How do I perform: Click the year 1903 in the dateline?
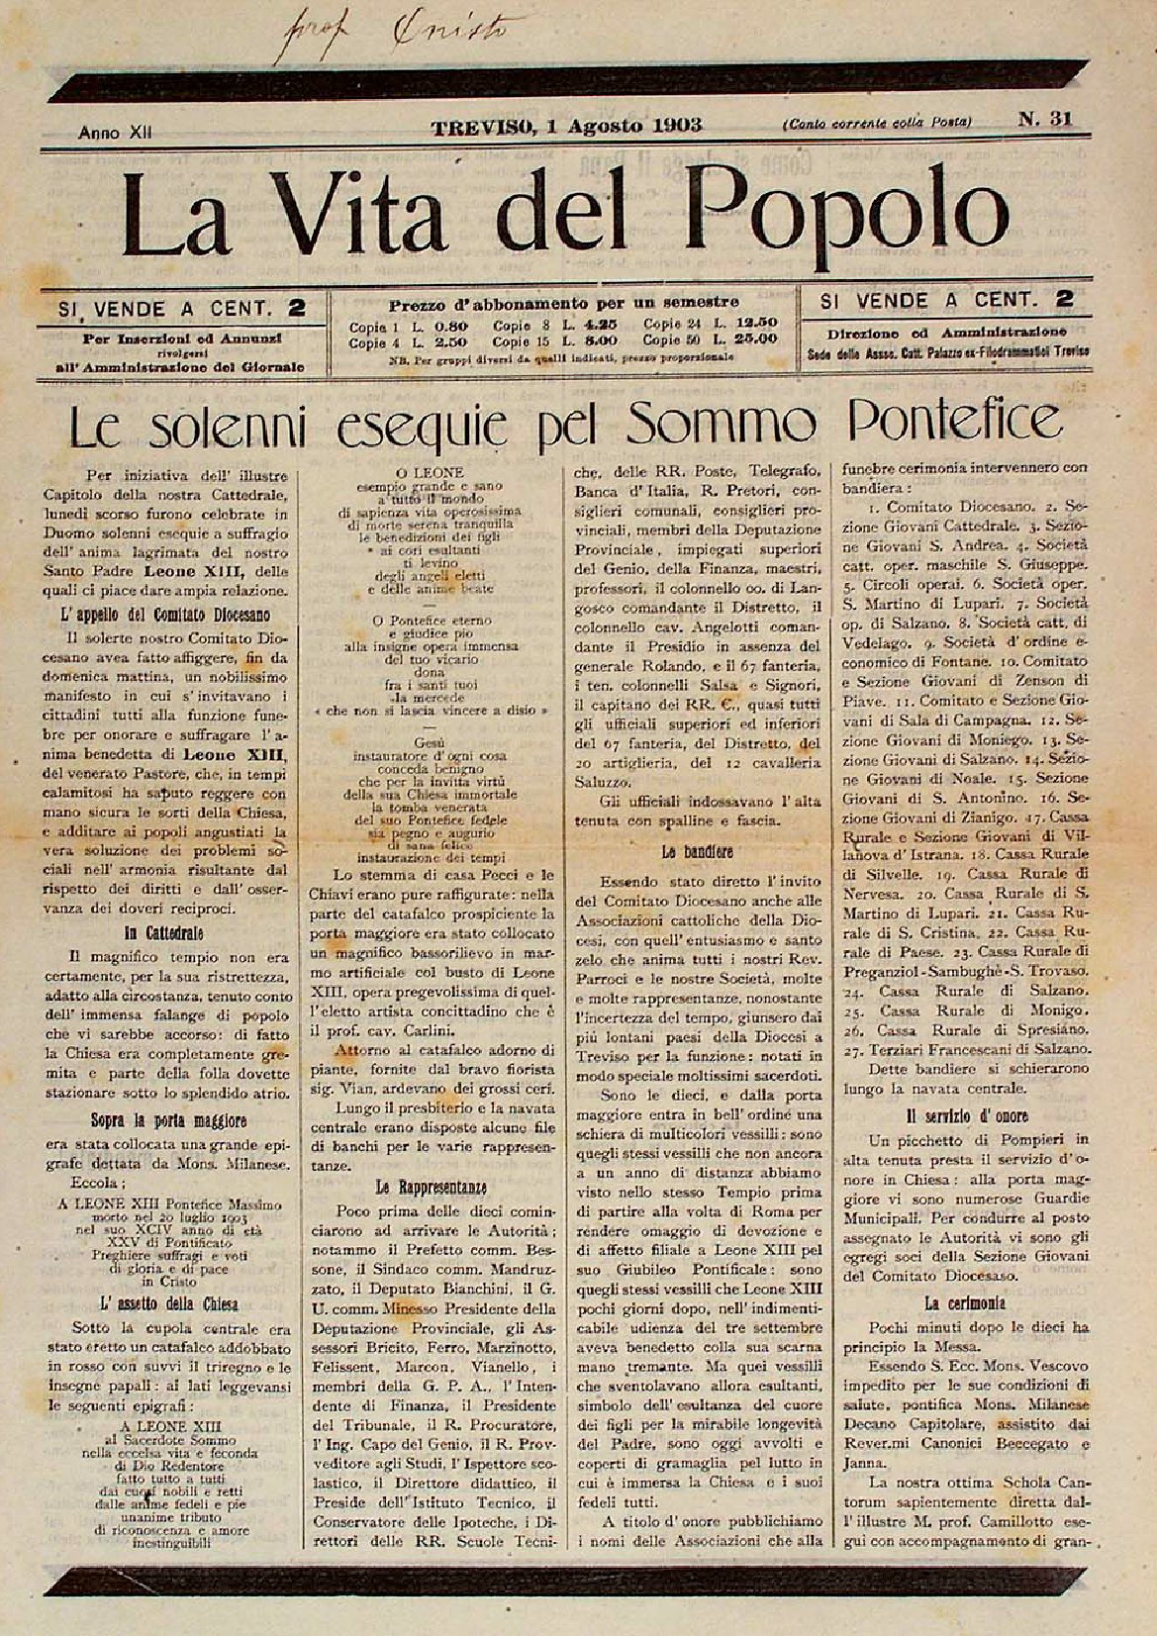677,125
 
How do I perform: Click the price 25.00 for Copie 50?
752,338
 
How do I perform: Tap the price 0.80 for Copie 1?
446,324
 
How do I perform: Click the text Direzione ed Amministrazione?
946,330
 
